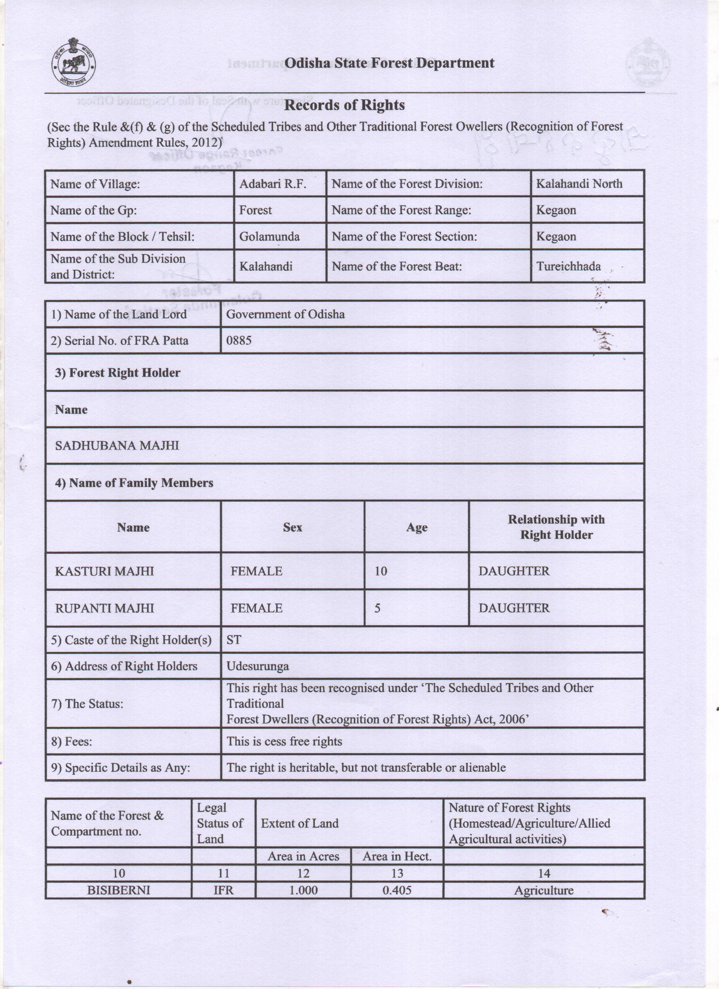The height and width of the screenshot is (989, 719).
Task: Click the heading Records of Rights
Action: tap(344, 105)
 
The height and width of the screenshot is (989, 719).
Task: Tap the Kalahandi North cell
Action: tap(579, 184)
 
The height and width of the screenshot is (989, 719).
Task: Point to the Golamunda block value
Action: tap(269, 236)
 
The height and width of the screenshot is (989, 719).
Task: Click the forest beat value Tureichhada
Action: tap(568, 267)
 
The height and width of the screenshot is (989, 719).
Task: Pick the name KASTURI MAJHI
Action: tap(104, 571)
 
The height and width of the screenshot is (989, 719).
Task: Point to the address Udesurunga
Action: tap(257, 666)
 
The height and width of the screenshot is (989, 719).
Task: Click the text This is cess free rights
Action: tap(284, 741)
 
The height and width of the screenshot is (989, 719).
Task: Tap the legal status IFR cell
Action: tap(223, 890)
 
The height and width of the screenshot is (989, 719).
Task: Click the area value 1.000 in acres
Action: tap(303, 890)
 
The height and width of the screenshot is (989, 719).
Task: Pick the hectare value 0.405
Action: tap(397, 890)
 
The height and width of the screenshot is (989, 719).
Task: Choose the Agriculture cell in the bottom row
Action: tap(544, 890)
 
